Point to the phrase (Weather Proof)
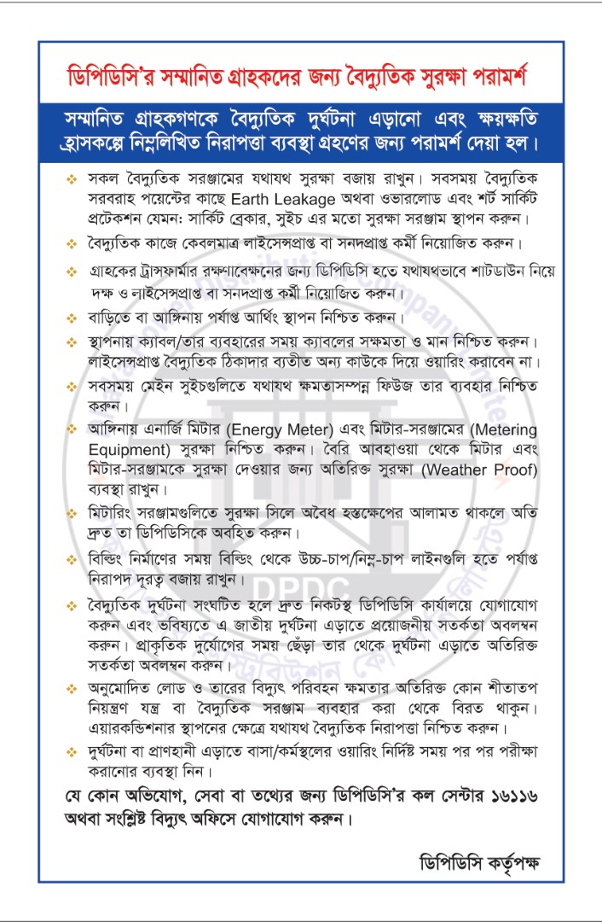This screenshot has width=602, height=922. [488, 470]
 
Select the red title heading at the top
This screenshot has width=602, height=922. [300, 79]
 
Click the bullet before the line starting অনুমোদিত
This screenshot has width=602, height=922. [72, 687]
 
